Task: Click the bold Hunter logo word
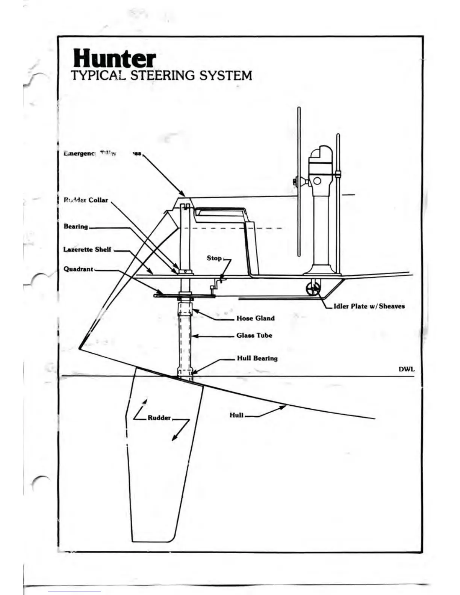(x=114, y=59)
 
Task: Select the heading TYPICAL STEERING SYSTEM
(x=161, y=76)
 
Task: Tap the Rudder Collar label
(x=86, y=200)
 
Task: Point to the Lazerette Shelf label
(x=87, y=249)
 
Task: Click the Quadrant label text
(x=78, y=269)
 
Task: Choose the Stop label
(x=214, y=258)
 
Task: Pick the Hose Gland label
(x=256, y=318)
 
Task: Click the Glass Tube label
(x=254, y=335)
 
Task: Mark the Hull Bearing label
(x=257, y=358)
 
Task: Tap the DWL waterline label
(x=407, y=369)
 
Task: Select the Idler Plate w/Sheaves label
(x=369, y=306)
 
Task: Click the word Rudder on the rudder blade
(x=159, y=418)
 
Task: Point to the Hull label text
(x=236, y=415)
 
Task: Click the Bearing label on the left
(x=76, y=227)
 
